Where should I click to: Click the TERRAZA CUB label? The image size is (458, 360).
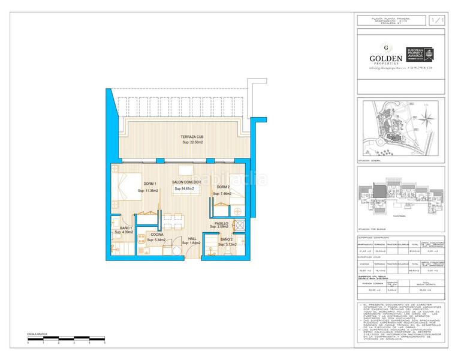pos(192,137)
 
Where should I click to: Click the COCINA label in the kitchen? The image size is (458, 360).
pos(157,235)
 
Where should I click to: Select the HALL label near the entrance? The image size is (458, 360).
pos(192,238)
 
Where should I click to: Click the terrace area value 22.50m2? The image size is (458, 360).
pos(193,143)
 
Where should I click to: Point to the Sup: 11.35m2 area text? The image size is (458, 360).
pos(148,191)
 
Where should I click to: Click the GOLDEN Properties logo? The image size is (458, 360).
pos(386,57)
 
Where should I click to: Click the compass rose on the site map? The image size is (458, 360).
pos(426,114)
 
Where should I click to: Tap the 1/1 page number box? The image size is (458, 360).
pos(438,21)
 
